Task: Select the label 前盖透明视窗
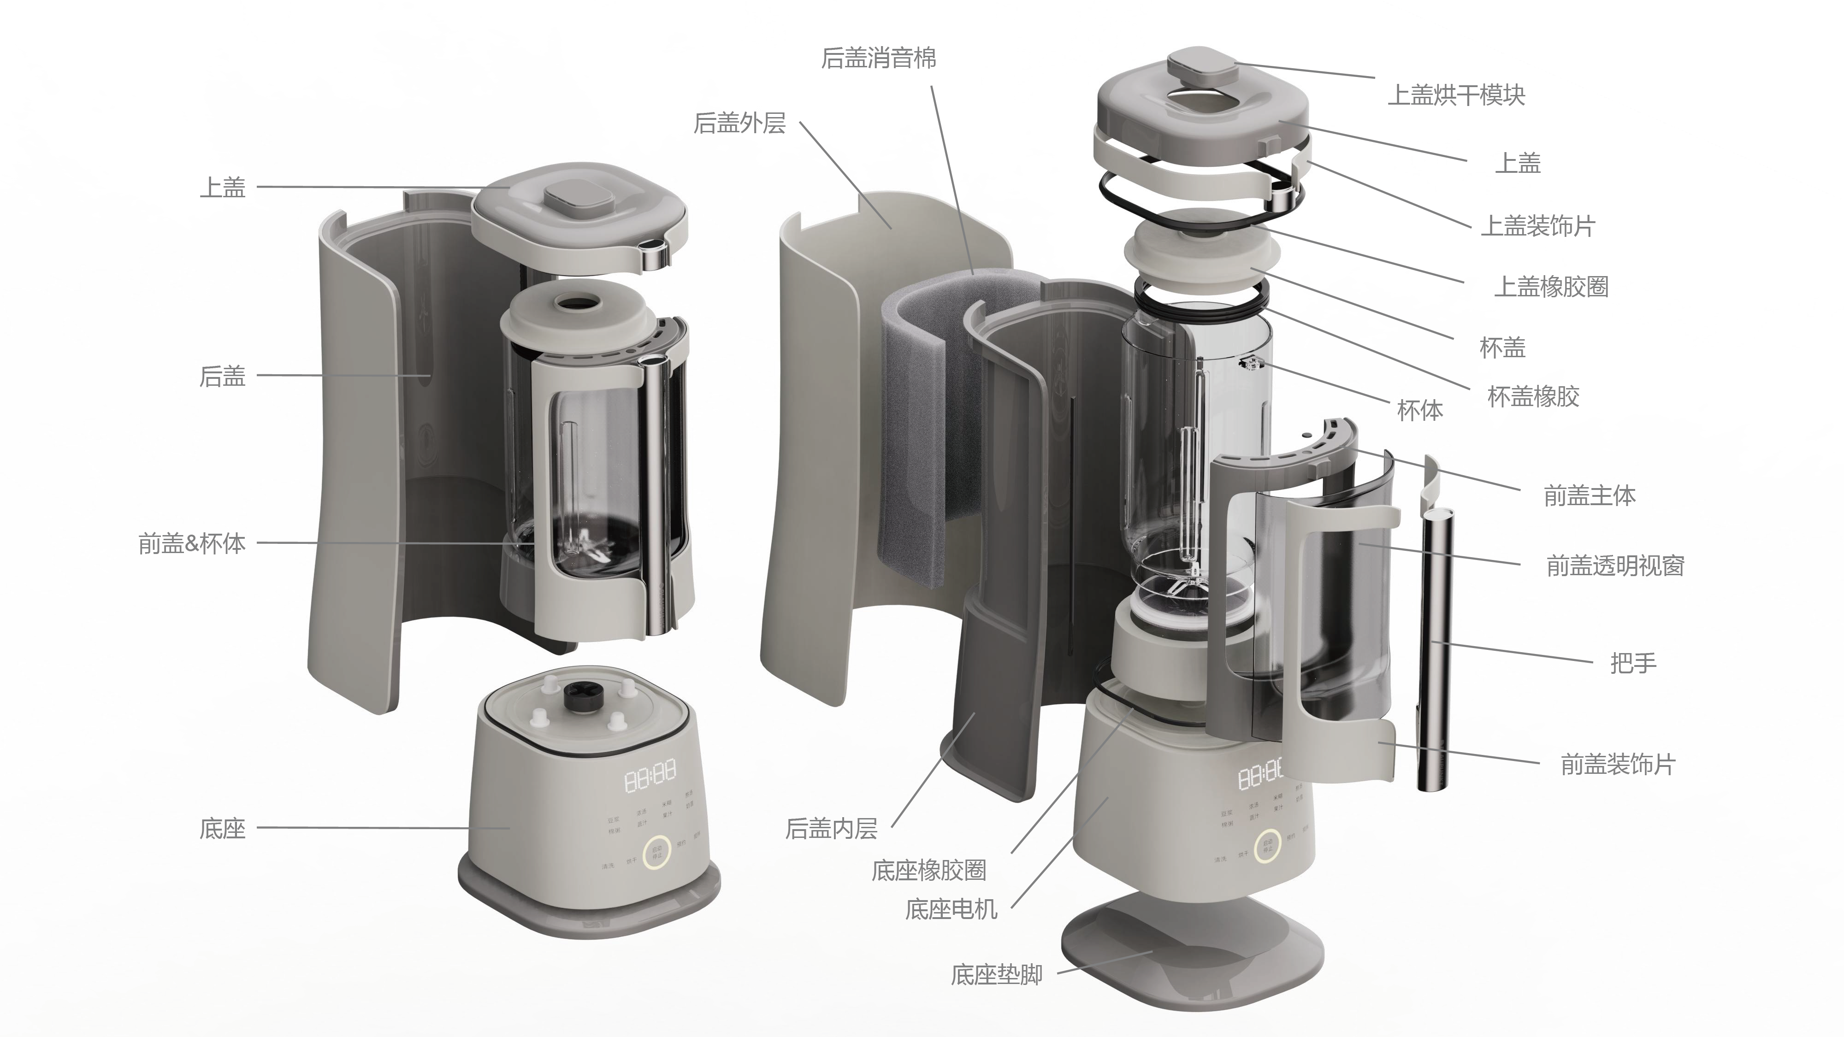1615,566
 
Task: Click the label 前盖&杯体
192,544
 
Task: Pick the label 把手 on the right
1633,663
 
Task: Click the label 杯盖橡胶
1533,396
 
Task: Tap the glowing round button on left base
656,852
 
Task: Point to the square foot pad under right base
1192,948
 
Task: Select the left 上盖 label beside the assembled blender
223,188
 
